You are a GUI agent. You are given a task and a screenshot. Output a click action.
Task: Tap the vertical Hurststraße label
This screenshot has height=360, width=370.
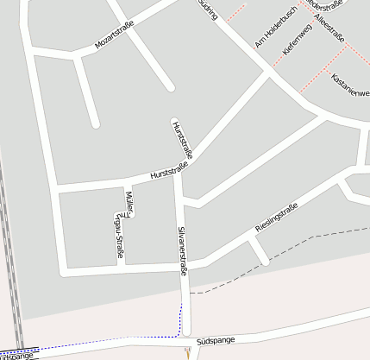[182, 138]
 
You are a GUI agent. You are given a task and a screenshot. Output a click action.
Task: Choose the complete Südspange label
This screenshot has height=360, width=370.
[215, 342]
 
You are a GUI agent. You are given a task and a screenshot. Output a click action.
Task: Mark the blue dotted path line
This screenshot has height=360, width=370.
[181, 319]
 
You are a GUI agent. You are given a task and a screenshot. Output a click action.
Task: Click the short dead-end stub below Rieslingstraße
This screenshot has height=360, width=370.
[258, 251]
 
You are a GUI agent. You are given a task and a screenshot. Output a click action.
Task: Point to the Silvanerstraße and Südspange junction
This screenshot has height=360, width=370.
[184, 338]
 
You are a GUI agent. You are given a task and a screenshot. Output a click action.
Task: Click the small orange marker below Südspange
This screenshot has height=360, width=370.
[187, 351]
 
